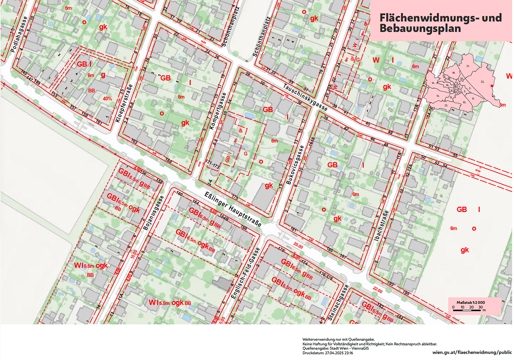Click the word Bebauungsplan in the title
[420, 29]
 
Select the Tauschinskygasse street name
[305, 97]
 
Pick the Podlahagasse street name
[19, 35]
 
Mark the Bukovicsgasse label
[295, 165]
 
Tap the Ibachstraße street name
[382, 226]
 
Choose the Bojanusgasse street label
[154, 213]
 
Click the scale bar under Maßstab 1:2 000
[467, 310]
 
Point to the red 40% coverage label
[107, 99]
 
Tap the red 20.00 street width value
[298, 246]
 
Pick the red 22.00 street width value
[377, 290]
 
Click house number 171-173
[213, 164]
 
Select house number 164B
[224, 217]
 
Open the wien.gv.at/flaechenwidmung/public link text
[472, 352]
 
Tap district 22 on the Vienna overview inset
[482, 82]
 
